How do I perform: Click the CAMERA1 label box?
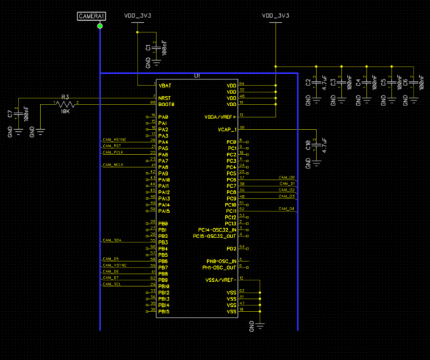(92, 15)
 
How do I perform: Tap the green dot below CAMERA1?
(100, 27)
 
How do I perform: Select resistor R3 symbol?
(65, 103)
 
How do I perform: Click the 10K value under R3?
(64, 111)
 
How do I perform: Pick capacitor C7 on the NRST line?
(18, 114)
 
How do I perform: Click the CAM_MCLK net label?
(113, 164)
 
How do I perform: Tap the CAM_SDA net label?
(111, 240)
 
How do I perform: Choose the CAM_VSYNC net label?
(114, 265)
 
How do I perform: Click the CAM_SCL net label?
(111, 284)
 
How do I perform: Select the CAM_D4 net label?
(287, 208)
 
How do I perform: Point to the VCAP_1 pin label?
(226, 129)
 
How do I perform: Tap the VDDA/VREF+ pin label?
(221, 116)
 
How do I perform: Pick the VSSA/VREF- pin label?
(221, 280)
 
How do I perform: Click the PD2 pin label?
(231, 248)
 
